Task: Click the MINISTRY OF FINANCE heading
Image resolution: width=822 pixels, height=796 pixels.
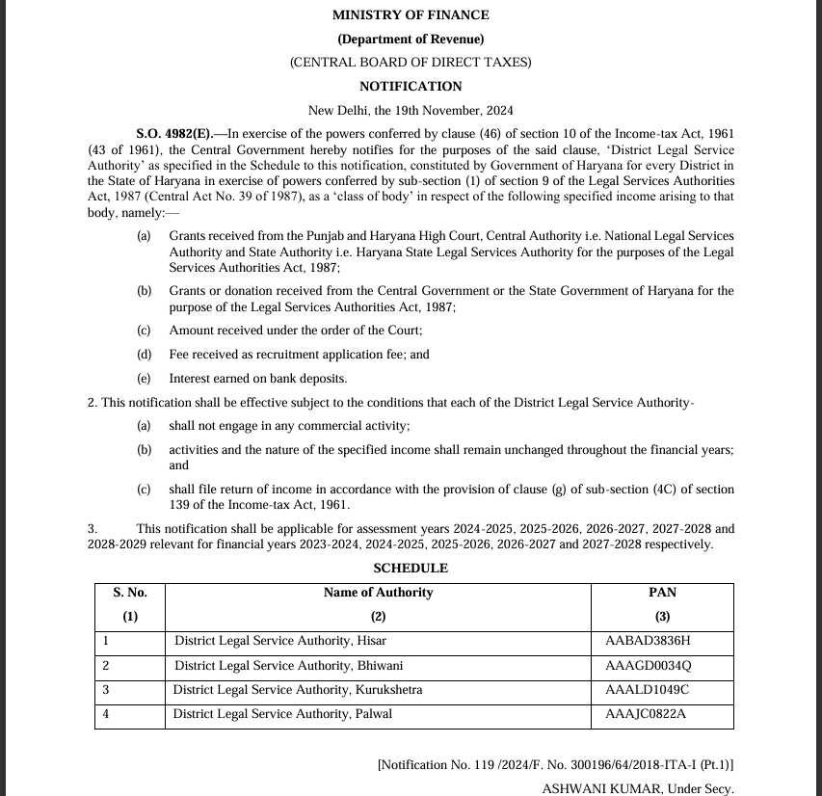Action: point(411,15)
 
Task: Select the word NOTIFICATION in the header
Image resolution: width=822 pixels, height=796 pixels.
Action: point(411,87)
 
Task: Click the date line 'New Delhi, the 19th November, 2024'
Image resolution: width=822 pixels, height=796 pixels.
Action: point(411,111)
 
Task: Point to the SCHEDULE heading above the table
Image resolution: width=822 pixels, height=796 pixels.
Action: point(411,569)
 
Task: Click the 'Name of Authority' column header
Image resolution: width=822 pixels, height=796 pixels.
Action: point(378,594)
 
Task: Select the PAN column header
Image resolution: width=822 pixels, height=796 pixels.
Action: point(662,594)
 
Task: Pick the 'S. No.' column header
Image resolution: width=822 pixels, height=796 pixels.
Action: point(130,594)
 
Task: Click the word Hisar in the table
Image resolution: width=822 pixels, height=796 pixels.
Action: point(371,641)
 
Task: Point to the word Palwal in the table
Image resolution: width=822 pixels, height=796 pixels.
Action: point(373,715)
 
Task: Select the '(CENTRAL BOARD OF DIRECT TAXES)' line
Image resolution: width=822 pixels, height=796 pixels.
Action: point(411,63)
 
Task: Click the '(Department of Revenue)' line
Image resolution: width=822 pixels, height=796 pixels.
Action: point(411,40)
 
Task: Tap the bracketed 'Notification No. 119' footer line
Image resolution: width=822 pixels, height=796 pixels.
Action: point(555,765)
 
